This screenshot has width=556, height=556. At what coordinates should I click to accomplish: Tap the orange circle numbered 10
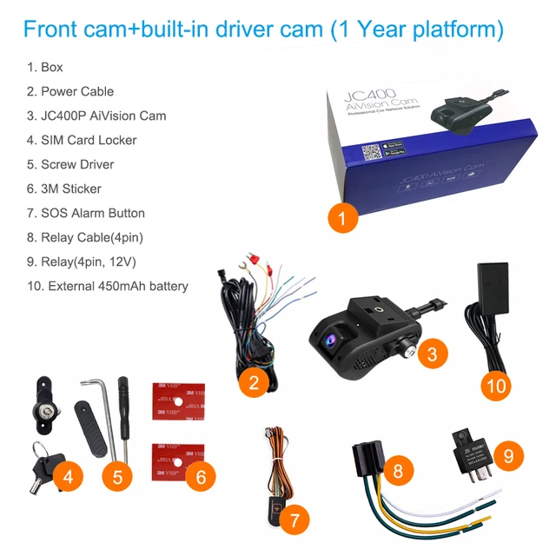(x=496, y=386)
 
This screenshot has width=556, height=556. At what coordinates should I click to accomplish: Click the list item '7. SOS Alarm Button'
(x=86, y=213)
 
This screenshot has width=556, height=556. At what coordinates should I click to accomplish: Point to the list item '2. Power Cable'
(x=70, y=91)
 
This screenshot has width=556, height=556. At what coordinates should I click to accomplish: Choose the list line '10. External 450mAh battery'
(x=107, y=286)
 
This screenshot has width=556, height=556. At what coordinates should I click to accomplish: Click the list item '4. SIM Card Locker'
(x=82, y=140)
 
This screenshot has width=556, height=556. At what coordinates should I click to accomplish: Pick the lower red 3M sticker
(x=177, y=460)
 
